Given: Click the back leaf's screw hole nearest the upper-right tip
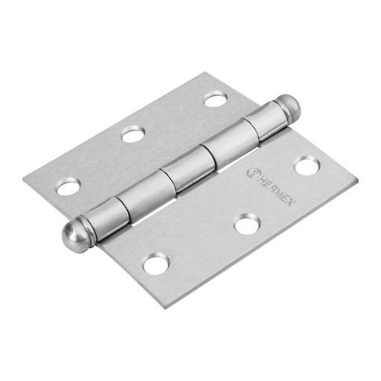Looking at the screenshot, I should click(215, 98).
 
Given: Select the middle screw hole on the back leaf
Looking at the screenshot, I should click(133, 135).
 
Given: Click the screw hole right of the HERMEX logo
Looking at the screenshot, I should click(306, 166).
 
